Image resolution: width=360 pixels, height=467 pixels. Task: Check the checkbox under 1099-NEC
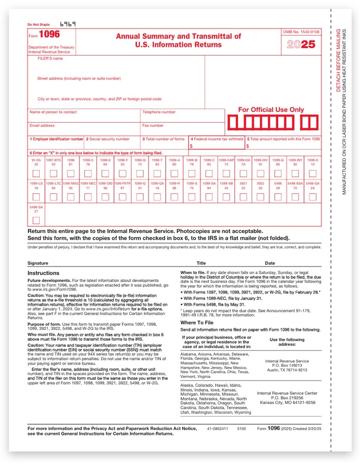pyautogui.click(x=88, y=197)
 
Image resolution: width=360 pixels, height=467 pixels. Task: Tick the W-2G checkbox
pyautogui.click(x=36, y=173)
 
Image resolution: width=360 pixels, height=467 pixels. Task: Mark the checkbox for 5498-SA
pyautogui.click(x=36, y=221)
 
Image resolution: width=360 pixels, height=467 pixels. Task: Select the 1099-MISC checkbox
pyautogui.click(x=70, y=197)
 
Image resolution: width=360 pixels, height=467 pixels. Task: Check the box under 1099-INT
pyautogui.click(x=295, y=173)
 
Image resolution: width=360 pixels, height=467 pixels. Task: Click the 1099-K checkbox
pyautogui.click(x=312, y=173)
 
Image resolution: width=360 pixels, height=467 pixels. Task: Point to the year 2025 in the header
pyautogui.click(x=301, y=44)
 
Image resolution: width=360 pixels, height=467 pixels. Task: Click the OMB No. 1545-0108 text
pyautogui.click(x=301, y=32)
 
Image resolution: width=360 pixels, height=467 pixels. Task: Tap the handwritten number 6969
pyautogui.click(x=68, y=24)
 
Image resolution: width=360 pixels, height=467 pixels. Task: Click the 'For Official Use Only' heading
pyautogui.click(x=271, y=110)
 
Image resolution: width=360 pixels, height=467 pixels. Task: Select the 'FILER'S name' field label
pyautogui.click(x=50, y=59)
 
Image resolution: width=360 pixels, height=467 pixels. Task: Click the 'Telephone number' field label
pyautogui.click(x=159, y=112)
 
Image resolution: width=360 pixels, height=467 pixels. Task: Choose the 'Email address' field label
pyautogui.click(x=42, y=126)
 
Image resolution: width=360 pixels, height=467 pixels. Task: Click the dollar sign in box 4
pyautogui.click(x=191, y=146)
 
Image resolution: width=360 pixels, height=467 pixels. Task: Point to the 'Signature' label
pyautogui.click(x=38, y=263)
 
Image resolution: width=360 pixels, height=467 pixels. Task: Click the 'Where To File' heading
pyautogui.click(x=197, y=323)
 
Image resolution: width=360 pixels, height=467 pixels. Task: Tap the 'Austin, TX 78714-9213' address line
pyautogui.click(x=287, y=370)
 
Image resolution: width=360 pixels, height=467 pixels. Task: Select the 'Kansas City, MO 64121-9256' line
pyautogui.click(x=287, y=403)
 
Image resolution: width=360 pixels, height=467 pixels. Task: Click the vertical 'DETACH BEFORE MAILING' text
pyautogui.click(x=338, y=60)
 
